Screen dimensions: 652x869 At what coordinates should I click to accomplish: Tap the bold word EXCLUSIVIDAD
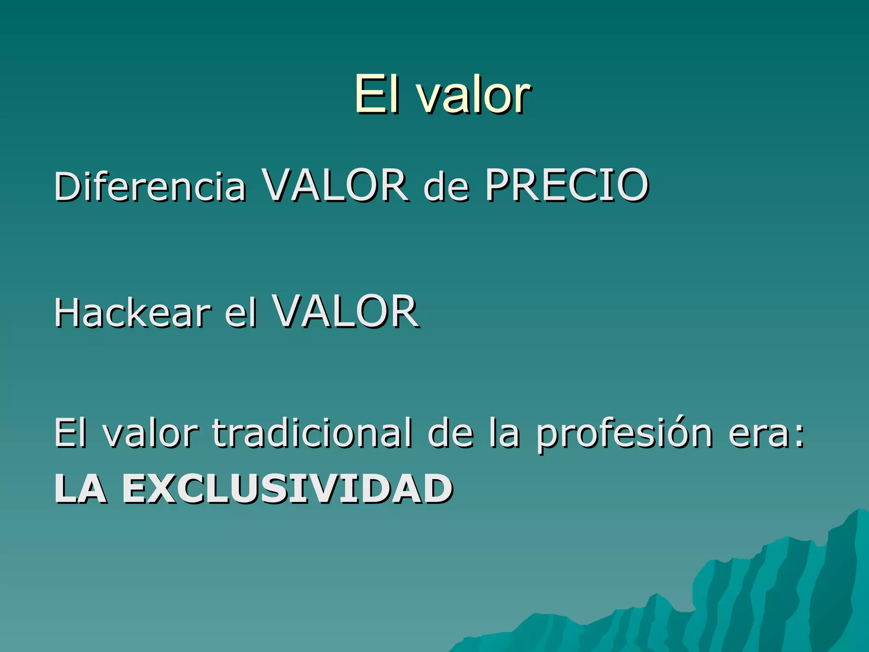click(x=288, y=489)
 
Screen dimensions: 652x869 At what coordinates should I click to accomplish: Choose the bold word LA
click(x=80, y=489)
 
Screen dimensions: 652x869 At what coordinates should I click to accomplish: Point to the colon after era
click(x=799, y=437)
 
